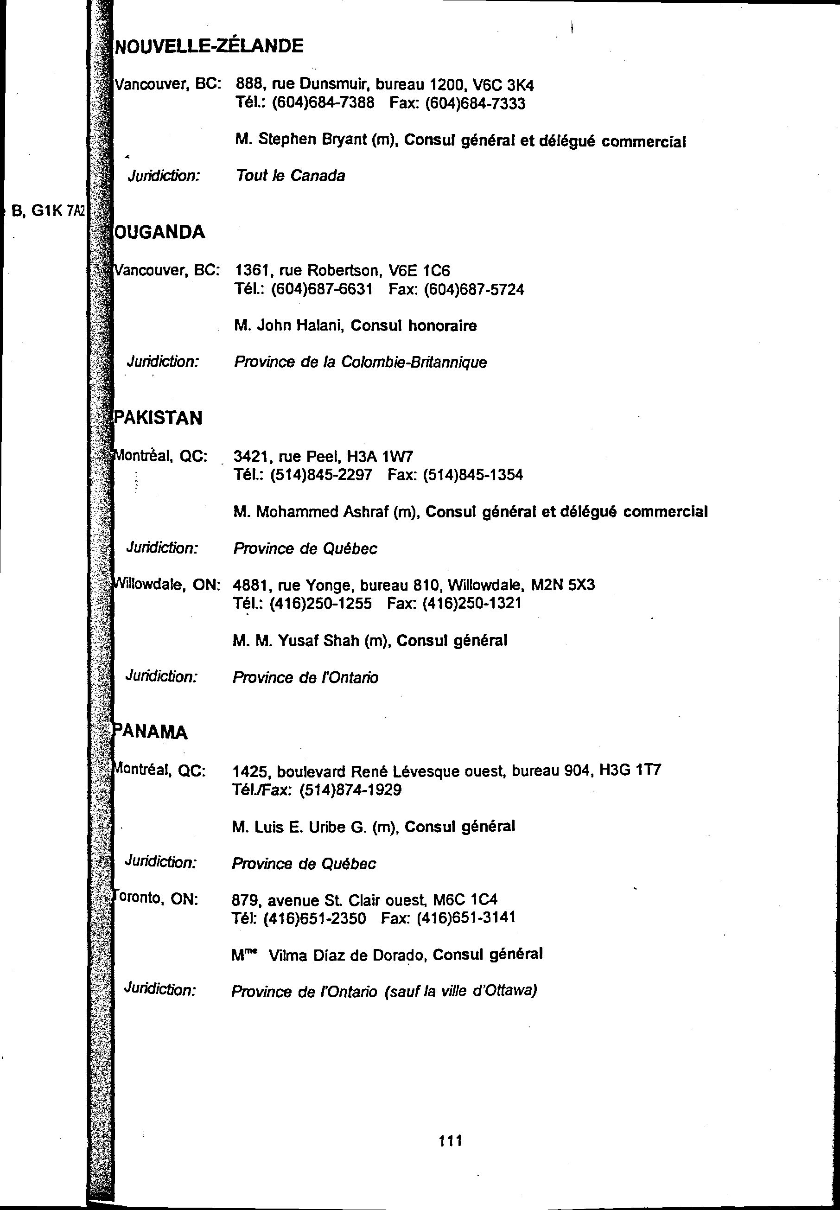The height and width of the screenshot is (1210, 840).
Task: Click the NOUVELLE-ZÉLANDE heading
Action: coord(209,46)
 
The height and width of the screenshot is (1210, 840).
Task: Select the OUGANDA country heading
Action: coord(159,232)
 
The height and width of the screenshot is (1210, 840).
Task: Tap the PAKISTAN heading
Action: coord(159,418)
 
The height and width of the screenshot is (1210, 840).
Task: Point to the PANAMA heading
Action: coord(151,732)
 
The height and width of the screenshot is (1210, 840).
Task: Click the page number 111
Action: coord(451,1141)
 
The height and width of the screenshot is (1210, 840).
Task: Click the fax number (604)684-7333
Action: coord(475,103)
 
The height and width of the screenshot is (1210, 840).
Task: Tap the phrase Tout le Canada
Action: coord(290,176)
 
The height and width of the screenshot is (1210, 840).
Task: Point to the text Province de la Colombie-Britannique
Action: coord(361,362)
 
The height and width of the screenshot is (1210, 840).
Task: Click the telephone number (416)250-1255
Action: coord(320,603)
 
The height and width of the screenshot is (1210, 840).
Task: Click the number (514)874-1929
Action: coord(350,790)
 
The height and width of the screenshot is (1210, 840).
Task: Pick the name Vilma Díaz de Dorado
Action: coord(347,955)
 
